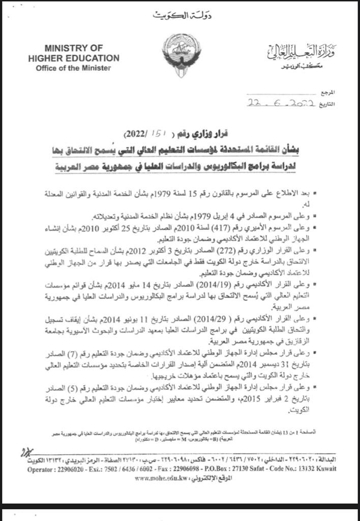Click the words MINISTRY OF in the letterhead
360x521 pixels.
[x=74, y=48]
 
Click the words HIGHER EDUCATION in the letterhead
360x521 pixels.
[x=74, y=58]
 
